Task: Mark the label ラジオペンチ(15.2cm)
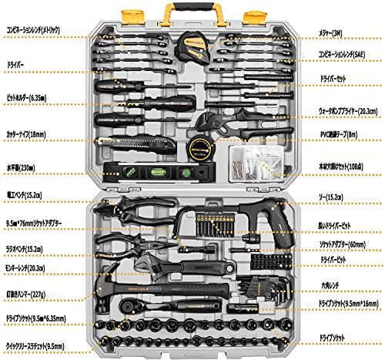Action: pos(27,248)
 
